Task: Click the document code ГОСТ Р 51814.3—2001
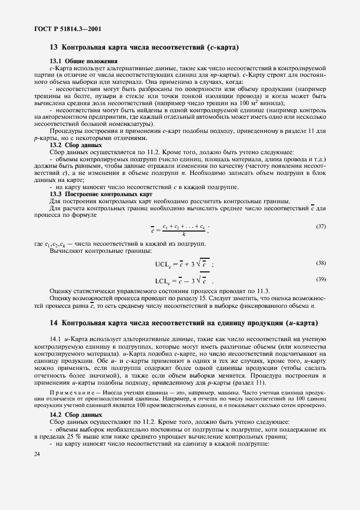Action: tap(62, 29)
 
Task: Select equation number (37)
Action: tap(320, 225)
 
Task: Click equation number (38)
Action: tap(320, 263)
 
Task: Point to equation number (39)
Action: tap(320, 280)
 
